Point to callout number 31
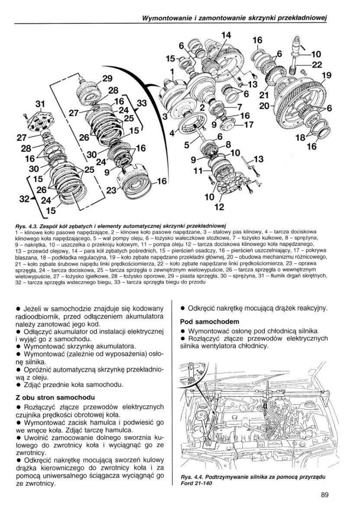point(41,104)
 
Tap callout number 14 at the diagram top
point(226,35)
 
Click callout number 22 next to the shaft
point(317,64)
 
